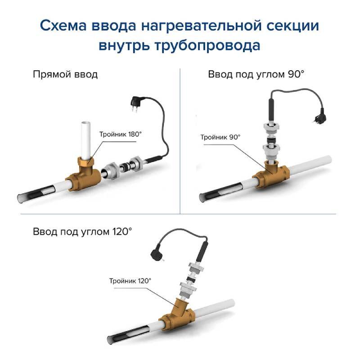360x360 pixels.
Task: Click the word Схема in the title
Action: coord(63,26)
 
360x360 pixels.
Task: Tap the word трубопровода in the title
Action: coord(207,46)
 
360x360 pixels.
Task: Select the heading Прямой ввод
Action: coord(65,75)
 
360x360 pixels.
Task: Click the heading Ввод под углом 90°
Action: coord(256,74)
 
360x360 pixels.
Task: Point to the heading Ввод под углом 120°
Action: coord(82,231)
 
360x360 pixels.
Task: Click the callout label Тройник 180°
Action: coord(121,134)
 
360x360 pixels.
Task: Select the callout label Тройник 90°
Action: coord(220,137)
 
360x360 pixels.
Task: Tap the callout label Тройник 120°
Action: coord(130,281)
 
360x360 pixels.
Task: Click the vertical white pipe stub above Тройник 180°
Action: coord(85,140)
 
